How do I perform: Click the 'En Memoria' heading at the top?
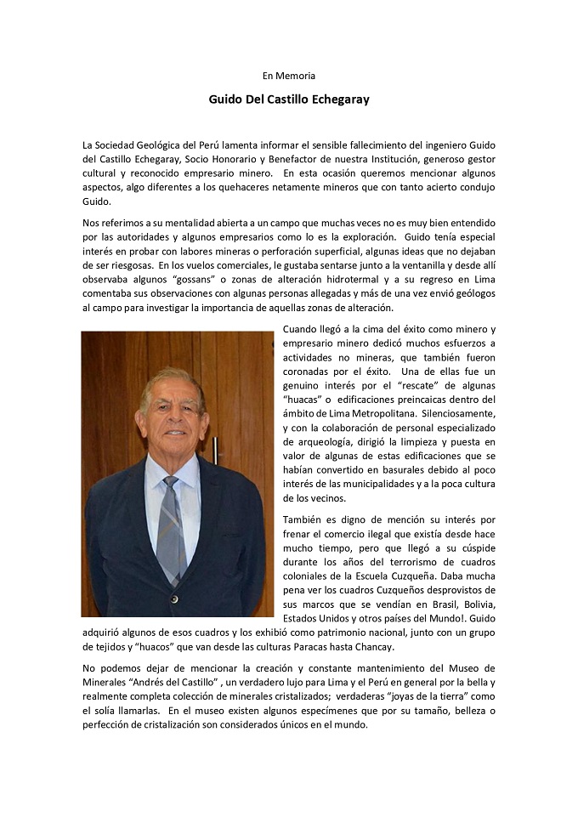pyautogui.click(x=289, y=77)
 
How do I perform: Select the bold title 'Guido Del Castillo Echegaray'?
pyautogui.click(x=289, y=99)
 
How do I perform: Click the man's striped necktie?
pyautogui.click(x=172, y=527)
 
